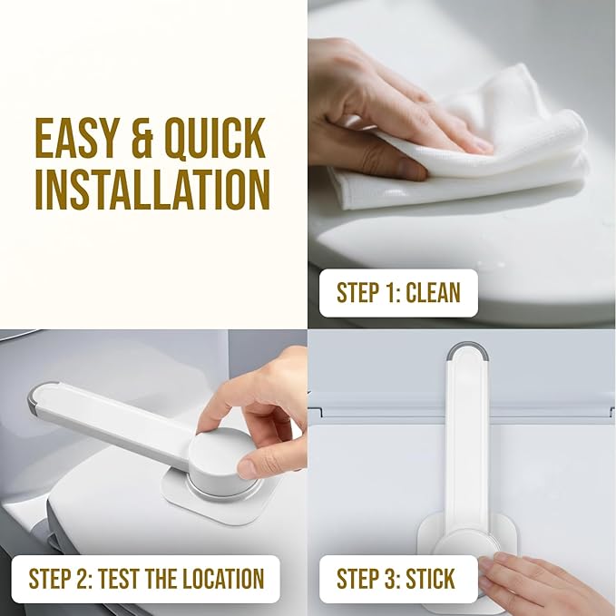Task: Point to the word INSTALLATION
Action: point(152,188)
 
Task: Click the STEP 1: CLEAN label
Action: point(398,292)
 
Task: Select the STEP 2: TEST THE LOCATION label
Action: point(146,578)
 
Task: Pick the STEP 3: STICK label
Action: point(396,578)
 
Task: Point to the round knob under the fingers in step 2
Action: point(218,454)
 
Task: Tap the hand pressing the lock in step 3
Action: point(544,581)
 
